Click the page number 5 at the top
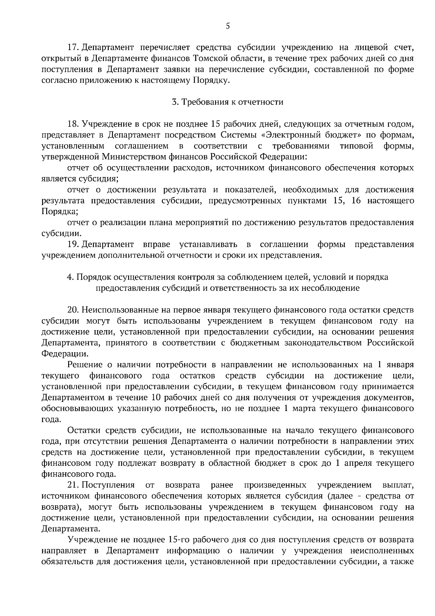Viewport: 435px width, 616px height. pyautogui.click(x=228, y=25)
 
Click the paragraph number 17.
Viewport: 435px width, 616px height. pyautogui.click(x=73, y=48)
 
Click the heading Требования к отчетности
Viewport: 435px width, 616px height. pyautogui.click(x=228, y=102)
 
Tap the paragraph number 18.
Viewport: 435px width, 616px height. pyautogui.click(x=73, y=124)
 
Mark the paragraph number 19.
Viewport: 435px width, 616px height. pyautogui.click(x=73, y=245)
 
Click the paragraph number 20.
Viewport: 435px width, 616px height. pyautogui.click(x=74, y=310)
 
